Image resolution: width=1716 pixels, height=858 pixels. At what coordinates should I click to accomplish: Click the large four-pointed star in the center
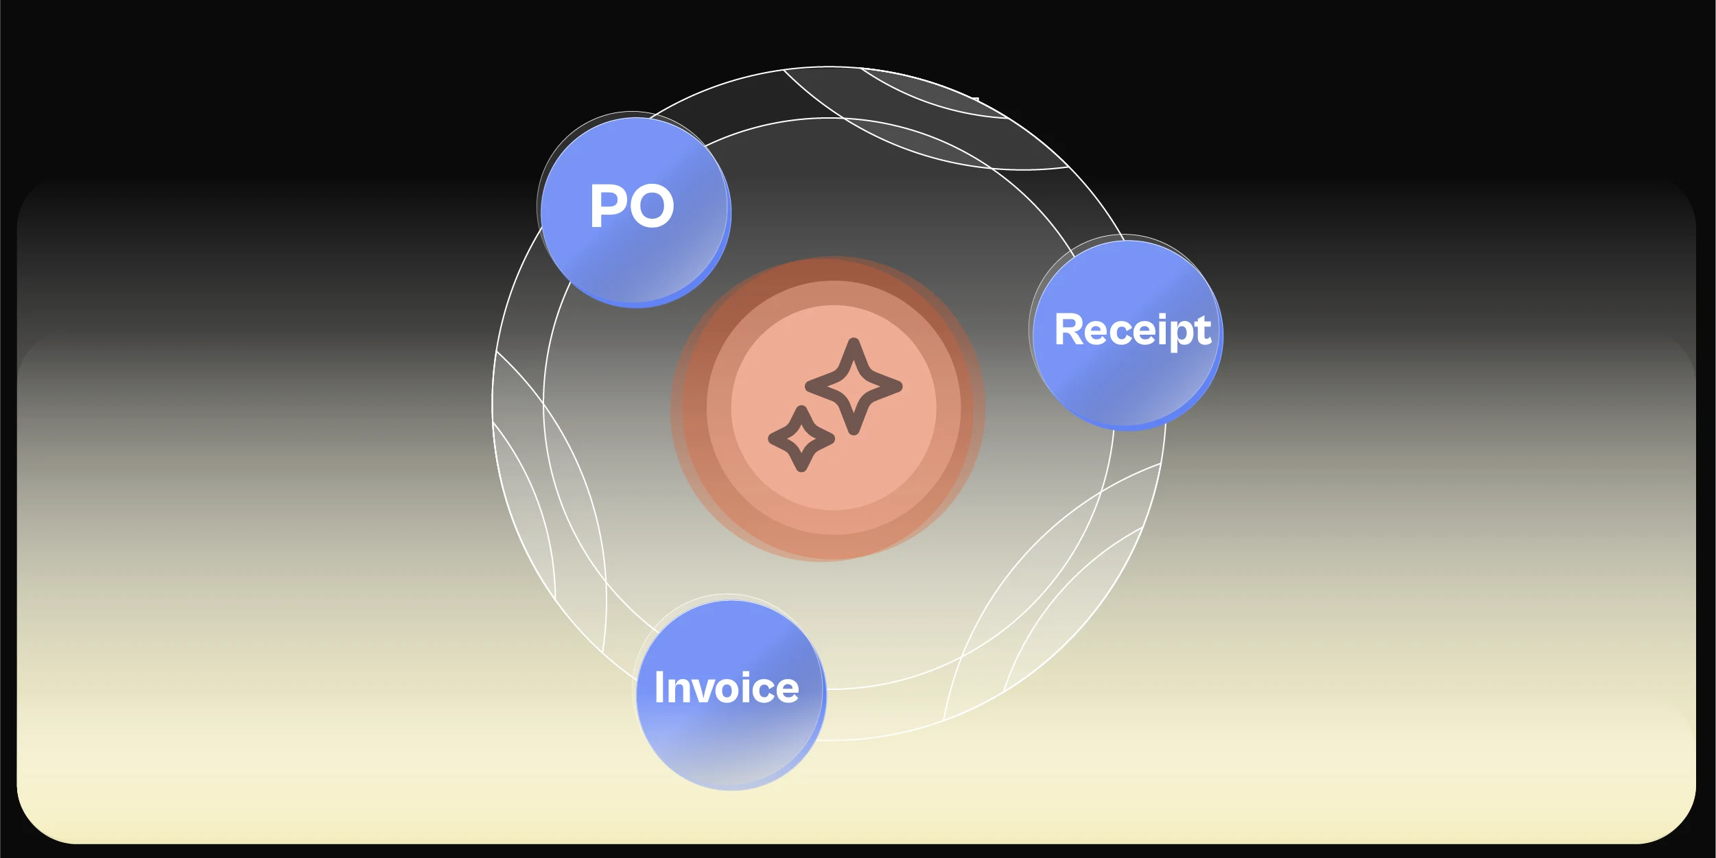pyautogui.click(x=854, y=386)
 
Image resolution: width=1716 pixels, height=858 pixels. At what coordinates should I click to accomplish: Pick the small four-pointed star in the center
pyautogui.click(x=801, y=438)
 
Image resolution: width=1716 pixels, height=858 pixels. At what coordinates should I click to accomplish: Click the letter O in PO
pyautogui.click(x=650, y=206)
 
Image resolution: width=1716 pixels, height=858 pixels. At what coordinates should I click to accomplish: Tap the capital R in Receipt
pyautogui.click(x=1069, y=330)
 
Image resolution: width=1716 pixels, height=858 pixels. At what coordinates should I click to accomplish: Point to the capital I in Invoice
pyautogui.click(x=659, y=687)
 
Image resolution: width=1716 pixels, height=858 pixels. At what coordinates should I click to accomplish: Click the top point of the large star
pyautogui.click(x=854, y=343)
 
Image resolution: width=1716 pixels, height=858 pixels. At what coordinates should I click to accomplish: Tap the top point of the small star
pyautogui.click(x=801, y=410)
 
